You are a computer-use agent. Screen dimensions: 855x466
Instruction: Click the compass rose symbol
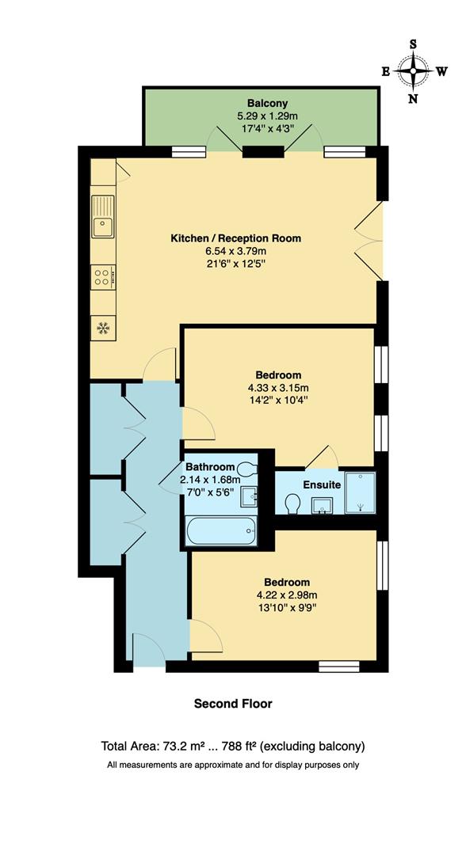pyautogui.click(x=413, y=71)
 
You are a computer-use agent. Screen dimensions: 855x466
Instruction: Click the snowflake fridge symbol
pyautogui.click(x=103, y=328)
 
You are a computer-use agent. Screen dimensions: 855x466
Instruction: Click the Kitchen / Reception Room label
pyautogui.click(x=236, y=238)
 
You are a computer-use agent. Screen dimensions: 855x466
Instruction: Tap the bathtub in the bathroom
pyautogui.click(x=221, y=530)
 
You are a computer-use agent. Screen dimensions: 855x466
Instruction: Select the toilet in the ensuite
pyautogui.click(x=292, y=503)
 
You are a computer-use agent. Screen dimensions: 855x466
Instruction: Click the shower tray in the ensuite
pyautogui.click(x=360, y=491)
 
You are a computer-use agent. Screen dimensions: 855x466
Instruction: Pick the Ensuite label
pyautogui.click(x=321, y=484)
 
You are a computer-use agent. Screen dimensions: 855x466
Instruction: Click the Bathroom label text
pyautogui.click(x=210, y=467)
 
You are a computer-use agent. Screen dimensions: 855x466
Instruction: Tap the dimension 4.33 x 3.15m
pyautogui.click(x=278, y=388)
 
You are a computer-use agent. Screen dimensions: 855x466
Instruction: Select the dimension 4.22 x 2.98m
pyautogui.click(x=282, y=595)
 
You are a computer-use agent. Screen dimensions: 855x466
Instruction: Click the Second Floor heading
pyautogui.click(x=233, y=703)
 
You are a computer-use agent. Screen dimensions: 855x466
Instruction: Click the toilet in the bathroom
pyautogui.click(x=250, y=469)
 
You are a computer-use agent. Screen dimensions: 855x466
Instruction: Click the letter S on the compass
pyautogui.click(x=413, y=44)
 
